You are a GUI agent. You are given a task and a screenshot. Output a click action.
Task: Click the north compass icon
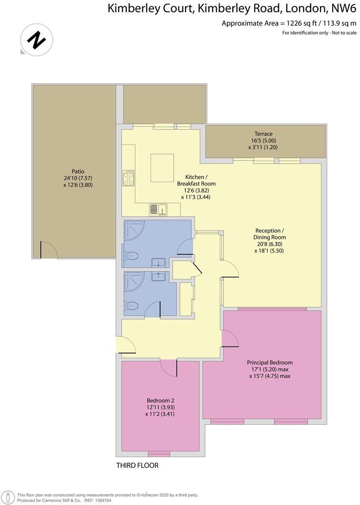36,40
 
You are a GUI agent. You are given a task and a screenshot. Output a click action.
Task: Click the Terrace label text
263,134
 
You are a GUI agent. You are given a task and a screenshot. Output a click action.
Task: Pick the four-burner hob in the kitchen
129,178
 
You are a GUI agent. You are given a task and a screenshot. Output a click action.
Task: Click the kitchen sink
158,210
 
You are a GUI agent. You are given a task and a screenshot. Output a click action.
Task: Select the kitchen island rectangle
162,167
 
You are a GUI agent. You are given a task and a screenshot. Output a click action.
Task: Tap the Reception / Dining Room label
269,237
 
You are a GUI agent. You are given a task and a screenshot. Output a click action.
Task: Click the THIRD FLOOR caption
137,465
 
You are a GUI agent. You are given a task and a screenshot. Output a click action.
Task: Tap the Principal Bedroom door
230,338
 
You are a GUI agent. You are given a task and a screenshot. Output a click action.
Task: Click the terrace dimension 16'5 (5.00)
263,140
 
